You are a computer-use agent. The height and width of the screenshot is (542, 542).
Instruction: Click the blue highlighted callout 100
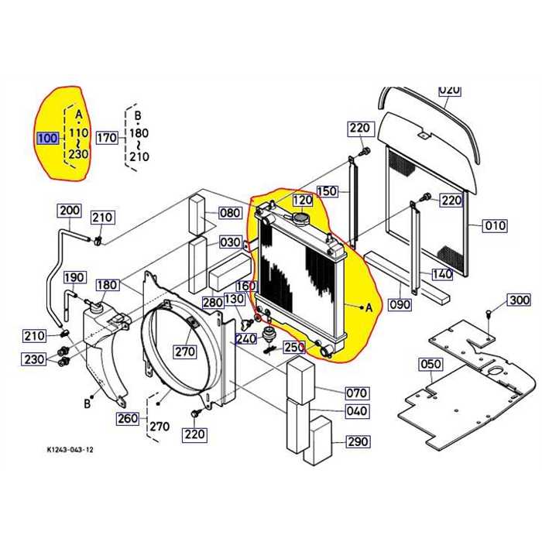47,139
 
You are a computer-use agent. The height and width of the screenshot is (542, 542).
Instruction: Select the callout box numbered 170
106,139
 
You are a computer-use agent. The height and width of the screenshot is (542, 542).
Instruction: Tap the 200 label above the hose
70,211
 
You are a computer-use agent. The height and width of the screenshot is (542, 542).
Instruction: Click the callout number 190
74,278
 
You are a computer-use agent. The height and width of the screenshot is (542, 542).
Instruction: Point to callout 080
230,213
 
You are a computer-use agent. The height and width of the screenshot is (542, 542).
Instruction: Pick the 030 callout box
230,242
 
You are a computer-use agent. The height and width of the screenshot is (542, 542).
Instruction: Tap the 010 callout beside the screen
495,226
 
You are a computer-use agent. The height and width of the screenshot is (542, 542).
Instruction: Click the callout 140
441,273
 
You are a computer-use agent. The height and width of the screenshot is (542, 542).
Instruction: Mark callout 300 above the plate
519,300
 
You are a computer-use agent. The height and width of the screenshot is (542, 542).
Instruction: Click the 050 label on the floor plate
430,364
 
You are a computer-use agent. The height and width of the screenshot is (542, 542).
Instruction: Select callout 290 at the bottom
357,442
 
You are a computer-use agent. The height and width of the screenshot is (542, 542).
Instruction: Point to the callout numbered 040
356,411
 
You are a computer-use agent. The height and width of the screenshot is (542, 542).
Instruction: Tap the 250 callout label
294,347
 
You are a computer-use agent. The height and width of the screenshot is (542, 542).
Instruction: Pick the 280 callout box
213,302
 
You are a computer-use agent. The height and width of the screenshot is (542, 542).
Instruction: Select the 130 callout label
234,300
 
